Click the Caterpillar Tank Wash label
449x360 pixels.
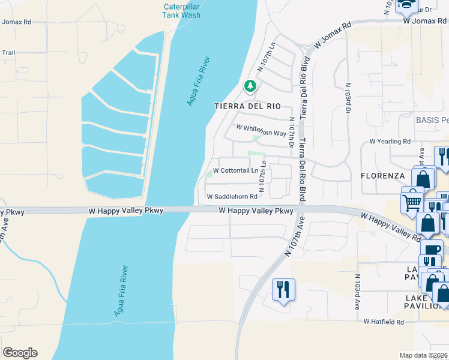(182, 11)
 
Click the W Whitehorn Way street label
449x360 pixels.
(261, 130)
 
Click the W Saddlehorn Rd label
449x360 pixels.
(232, 197)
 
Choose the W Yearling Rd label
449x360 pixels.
(390, 142)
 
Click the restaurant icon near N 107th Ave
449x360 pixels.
(283, 290)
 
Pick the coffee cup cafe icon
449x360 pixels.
(432, 249)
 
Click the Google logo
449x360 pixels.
(20, 353)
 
